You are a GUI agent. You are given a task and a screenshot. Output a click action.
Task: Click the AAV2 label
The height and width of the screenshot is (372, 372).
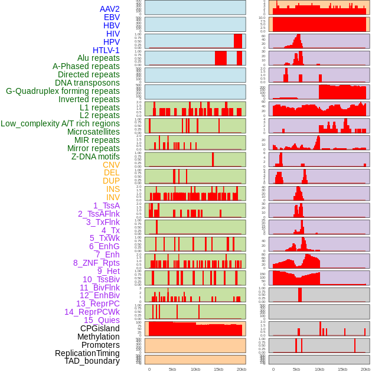110,9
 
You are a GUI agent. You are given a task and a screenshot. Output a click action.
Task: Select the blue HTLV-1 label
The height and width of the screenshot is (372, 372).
106,50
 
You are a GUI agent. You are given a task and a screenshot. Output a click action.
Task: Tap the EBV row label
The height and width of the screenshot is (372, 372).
112,17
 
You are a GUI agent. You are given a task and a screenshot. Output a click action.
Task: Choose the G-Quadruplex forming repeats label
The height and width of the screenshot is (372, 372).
63,91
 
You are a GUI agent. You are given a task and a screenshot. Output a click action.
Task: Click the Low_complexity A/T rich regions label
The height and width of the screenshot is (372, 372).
60,123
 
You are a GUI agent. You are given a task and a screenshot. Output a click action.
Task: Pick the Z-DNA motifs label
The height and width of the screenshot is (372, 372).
96,156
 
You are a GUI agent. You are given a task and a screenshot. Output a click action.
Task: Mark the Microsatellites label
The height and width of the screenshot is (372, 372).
93,132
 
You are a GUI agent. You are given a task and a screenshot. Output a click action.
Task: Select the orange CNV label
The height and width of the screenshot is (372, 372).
111,165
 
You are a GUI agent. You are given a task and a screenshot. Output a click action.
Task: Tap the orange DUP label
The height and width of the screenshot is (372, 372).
111,181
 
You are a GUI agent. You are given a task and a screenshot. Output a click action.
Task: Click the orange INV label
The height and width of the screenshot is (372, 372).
113,197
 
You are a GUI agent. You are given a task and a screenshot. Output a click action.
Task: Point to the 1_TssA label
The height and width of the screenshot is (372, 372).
106,205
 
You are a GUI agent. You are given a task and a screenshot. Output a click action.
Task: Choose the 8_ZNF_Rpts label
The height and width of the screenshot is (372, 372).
96,263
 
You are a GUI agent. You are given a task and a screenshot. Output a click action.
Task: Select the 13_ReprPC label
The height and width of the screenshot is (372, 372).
98,304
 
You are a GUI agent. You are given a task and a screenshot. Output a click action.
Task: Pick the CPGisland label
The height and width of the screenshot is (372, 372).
100,328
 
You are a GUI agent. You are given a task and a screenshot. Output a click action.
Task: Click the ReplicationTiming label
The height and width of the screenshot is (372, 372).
87,353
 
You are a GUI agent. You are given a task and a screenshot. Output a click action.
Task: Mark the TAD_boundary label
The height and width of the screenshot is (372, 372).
92,361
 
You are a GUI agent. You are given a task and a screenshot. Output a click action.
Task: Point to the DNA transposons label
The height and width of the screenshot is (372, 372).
87,83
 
